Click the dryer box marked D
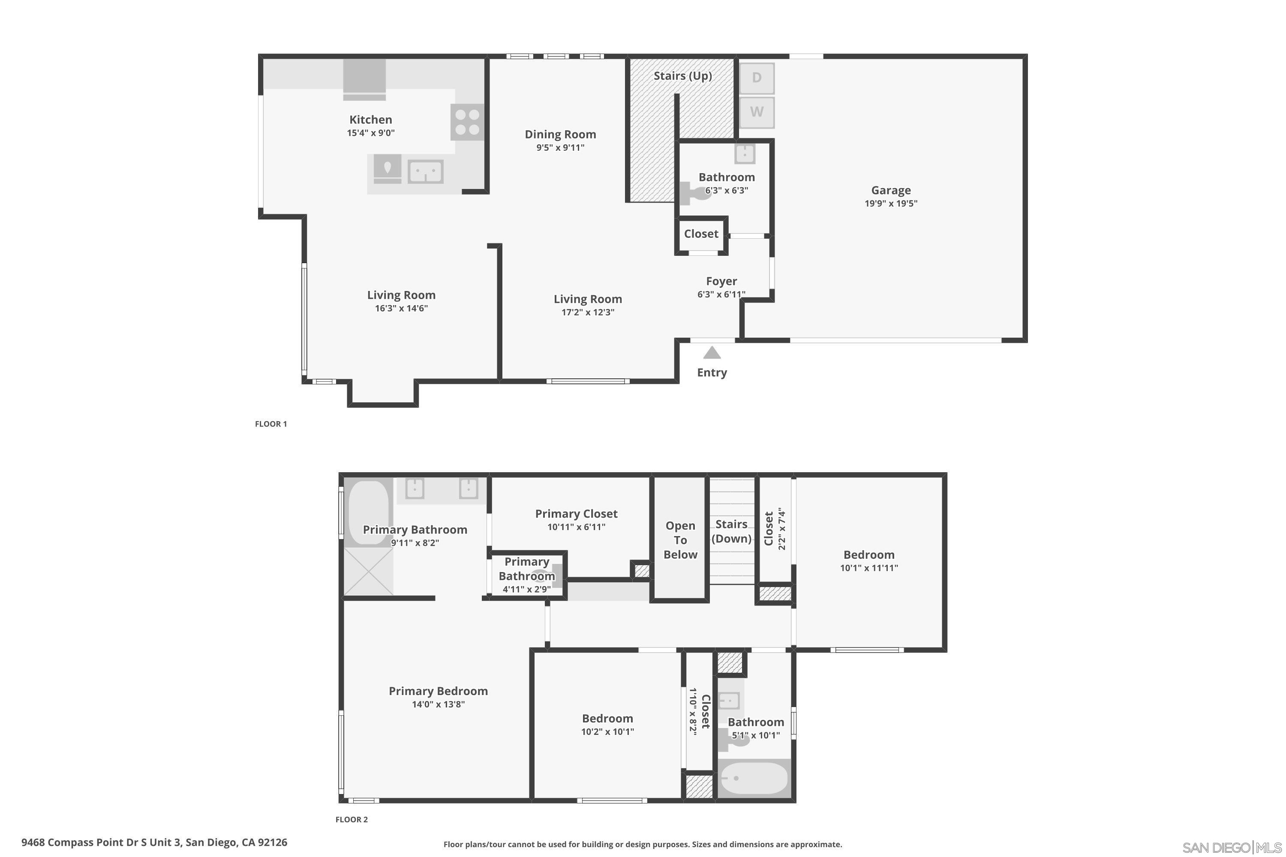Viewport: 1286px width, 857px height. (x=757, y=78)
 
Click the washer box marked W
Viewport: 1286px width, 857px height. (x=757, y=112)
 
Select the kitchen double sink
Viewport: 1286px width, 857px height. (x=425, y=172)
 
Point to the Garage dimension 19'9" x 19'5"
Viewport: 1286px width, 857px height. (x=891, y=203)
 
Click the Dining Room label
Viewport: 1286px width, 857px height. (x=560, y=135)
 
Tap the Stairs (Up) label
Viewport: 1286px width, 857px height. (x=682, y=75)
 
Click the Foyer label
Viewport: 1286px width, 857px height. (x=721, y=281)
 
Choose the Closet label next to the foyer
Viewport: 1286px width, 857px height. (x=700, y=234)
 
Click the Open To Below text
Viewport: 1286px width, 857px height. (x=680, y=540)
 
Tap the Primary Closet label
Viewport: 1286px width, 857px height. (x=576, y=514)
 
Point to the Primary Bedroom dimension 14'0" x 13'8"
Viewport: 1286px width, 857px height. (x=438, y=704)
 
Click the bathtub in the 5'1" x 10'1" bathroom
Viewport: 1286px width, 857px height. (x=754, y=778)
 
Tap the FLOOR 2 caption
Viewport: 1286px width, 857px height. (x=351, y=819)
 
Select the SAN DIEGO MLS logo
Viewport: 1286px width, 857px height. (x=1231, y=848)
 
